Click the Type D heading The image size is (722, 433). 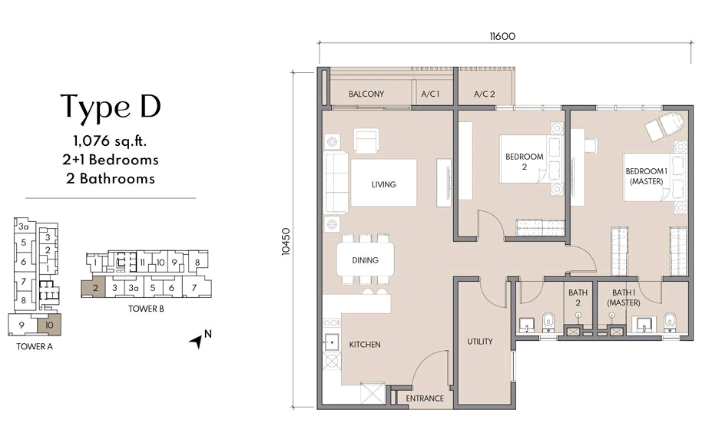[x=111, y=107]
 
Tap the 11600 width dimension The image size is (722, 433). [x=502, y=36]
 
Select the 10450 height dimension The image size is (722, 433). [x=286, y=242]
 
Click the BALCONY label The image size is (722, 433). [x=366, y=94]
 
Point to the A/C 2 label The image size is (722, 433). [x=484, y=94]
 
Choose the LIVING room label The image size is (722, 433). [x=383, y=184]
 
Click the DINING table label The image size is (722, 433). [x=365, y=260]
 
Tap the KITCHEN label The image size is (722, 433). [x=365, y=345]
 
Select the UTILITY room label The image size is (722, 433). [x=480, y=342]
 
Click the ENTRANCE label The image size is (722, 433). [x=425, y=398]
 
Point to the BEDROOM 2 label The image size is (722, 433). [x=525, y=161]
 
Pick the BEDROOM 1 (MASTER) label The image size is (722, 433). [x=647, y=177]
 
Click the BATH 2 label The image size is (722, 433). [x=578, y=297]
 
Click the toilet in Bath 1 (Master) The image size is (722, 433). [x=670, y=322]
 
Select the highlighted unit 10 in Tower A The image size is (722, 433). [x=49, y=325]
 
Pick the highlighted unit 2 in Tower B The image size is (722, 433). [x=94, y=289]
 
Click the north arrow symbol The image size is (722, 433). [x=197, y=341]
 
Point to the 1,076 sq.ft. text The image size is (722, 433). [x=110, y=140]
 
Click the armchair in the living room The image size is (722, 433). [x=366, y=140]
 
